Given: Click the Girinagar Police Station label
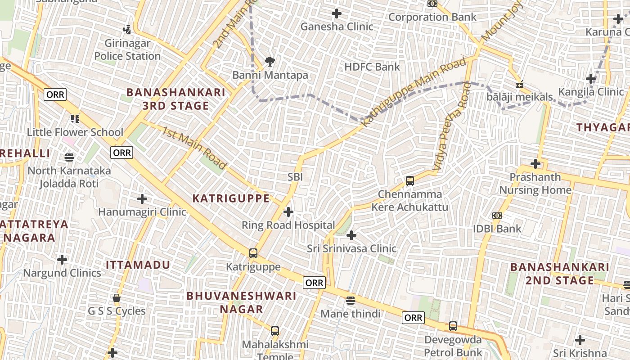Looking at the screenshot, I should [127, 50].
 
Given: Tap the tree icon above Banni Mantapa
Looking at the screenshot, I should [270, 61].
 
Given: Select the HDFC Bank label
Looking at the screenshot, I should [372, 67].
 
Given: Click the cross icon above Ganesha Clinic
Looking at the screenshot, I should [337, 13].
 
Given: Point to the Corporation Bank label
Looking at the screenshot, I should [432, 17].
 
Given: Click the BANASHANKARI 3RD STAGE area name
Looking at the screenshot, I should [175, 99].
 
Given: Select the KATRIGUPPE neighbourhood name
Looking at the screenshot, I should [231, 198].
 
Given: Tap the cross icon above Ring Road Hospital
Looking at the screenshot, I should [288, 211].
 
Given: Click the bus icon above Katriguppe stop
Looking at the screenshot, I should [253, 253].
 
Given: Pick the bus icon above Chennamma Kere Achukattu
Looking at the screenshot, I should [409, 180].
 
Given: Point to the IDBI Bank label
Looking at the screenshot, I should [497, 229].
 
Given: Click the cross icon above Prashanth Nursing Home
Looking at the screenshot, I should [535, 163].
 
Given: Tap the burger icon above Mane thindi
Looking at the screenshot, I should [351, 300].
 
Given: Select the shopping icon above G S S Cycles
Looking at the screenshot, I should [117, 298].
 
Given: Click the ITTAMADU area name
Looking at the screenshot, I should [138, 265].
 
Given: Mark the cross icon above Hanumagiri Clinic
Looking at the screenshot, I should [142, 198].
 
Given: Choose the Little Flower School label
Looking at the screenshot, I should [75, 132].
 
